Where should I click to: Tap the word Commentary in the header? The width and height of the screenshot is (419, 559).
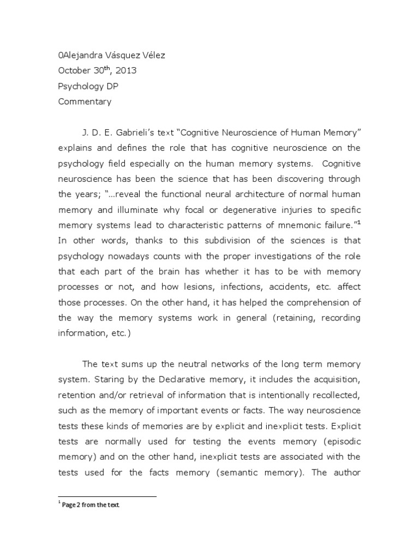click(85, 101)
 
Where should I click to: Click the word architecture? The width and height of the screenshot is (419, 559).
click(254, 194)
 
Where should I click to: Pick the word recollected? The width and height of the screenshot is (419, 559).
click(332, 394)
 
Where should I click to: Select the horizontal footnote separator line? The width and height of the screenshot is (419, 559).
click(107, 496)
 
